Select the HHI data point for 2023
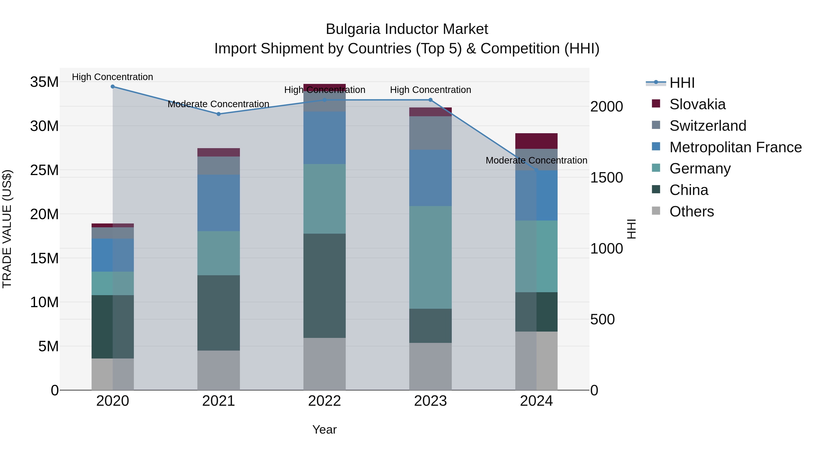coord(430,100)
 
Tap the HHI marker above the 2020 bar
coord(113,86)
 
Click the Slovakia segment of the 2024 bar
coord(536,141)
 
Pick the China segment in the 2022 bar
coord(324,285)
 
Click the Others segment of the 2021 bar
coord(218,370)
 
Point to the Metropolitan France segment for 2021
coord(218,203)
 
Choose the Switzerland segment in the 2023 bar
coord(430,133)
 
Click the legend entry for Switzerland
coord(708,126)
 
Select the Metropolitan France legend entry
coord(735,147)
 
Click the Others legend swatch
coord(656,211)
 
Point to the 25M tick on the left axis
coord(44,170)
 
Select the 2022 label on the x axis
coord(324,401)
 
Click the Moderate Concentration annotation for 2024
coord(536,160)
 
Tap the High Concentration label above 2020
coord(113,77)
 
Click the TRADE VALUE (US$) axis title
coord(7,229)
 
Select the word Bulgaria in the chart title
coord(353,29)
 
